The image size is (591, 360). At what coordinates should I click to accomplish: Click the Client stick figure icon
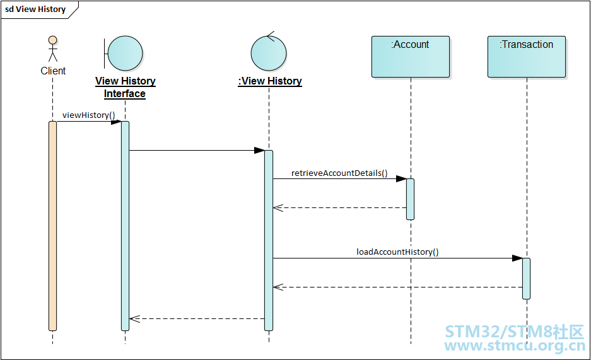click(53, 49)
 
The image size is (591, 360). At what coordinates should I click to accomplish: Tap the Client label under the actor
click(53, 71)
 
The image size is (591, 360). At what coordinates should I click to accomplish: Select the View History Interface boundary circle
click(125, 54)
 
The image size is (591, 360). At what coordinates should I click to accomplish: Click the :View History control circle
click(269, 52)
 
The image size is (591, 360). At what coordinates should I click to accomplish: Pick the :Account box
click(411, 57)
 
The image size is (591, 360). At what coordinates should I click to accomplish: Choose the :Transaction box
click(527, 57)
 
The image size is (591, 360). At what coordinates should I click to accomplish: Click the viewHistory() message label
click(88, 115)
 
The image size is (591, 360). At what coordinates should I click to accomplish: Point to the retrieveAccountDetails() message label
click(339, 173)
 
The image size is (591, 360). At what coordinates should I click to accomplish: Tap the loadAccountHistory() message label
click(397, 252)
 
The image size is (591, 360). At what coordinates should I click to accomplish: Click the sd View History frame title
click(35, 9)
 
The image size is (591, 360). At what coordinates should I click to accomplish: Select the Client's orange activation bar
click(53, 226)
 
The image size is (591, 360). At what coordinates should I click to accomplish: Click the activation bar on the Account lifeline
click(410, 199)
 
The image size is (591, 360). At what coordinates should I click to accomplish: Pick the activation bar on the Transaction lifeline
click(526, 279)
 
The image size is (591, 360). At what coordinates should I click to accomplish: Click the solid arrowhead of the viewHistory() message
click(116, 122)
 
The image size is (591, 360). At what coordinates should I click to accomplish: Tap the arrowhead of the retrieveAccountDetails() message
click(401, 179)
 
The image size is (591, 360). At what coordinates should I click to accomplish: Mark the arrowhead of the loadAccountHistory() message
click(517, 258)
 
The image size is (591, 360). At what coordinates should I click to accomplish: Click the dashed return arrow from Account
click(339, 208)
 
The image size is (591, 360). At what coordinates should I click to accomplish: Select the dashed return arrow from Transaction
click(397, 287)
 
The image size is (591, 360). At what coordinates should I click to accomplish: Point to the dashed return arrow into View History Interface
click(197, 319)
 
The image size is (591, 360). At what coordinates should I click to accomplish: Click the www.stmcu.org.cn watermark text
click(515, 346)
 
